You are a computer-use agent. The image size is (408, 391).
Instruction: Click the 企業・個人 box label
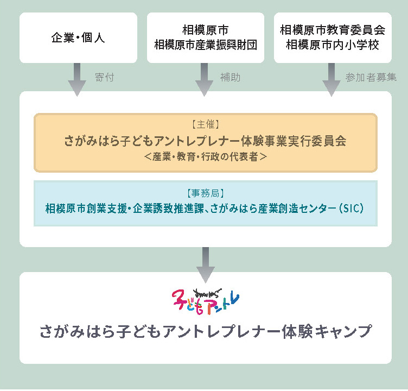[78, 38]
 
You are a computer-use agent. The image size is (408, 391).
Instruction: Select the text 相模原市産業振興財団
[206, 45]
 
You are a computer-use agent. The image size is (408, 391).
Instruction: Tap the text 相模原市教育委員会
[333, 30]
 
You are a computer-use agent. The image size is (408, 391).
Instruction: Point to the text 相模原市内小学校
[332, 45]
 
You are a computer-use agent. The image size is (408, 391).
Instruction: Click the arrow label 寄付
[104, 77]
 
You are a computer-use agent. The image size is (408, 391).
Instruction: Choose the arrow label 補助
[230, 77]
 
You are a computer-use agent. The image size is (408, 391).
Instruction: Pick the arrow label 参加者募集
[371, 77]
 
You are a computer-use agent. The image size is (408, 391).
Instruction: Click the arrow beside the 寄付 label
[77, 80]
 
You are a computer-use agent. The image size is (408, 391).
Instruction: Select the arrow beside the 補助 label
[204, 80]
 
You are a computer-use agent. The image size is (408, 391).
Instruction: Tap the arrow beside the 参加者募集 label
[331, 80]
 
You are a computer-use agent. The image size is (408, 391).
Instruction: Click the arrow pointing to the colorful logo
[206, 265]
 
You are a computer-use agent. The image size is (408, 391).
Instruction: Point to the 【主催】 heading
[206, 124]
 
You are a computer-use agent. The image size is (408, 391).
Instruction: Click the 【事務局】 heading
[206, 193]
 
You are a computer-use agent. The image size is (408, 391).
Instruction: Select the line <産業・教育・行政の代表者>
[206, 156]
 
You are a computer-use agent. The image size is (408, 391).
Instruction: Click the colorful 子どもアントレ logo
[206, 301]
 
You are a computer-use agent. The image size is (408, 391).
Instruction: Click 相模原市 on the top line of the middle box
[206, 30]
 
